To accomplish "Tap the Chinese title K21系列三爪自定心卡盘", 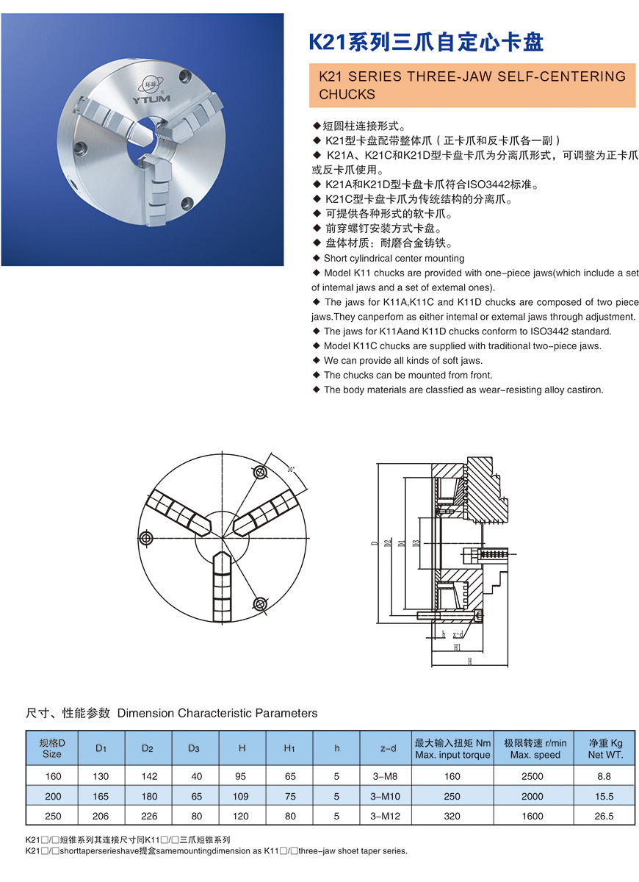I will (425, 42).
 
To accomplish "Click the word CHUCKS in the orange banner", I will (347, 94).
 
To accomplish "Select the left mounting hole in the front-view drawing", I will (147, 539).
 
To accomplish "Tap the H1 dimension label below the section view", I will (458, 647).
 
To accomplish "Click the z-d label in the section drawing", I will (458, 634).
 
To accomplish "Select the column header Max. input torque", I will (452, 755).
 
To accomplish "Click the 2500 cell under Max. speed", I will (532, 776).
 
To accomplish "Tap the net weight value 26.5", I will (605, 816).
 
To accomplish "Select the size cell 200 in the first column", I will (52, 796).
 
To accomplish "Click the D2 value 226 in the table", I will (148, 816).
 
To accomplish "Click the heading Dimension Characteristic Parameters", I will (217, 713).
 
